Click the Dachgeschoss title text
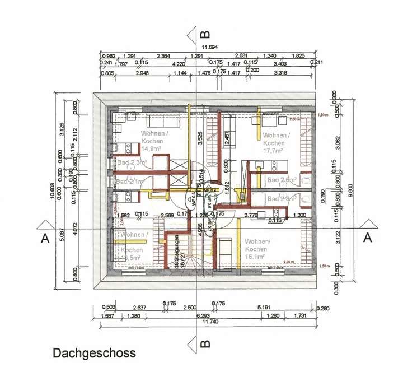(94, 354)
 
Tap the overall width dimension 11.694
(210, 48)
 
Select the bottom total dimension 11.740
(210, 322)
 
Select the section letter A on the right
(367, 238)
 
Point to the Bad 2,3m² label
(132, 162)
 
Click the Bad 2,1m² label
(130, 182)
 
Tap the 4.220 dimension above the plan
(179, 63)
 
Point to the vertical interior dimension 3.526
(200, 137)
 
